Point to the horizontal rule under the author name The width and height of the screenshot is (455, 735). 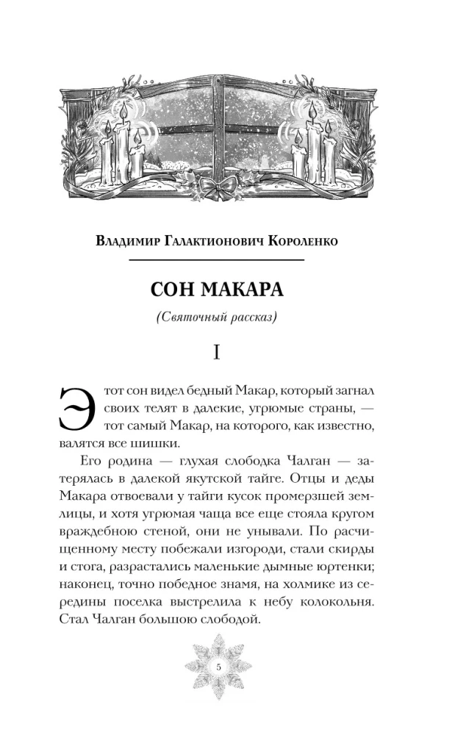coord(217,259)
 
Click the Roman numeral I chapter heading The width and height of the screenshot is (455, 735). coord(217,354)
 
